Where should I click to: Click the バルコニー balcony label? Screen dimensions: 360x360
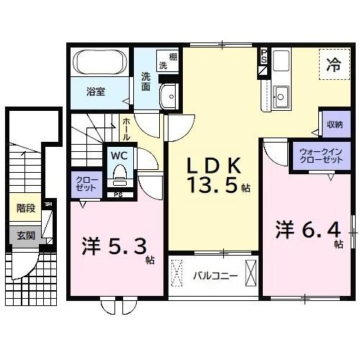point(215,274)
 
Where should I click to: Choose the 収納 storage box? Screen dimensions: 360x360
point(334,124)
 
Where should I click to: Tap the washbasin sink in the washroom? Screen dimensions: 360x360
point(171,96)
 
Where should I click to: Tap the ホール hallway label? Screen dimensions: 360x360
point(126,128)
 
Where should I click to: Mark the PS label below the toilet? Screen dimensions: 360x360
point(118,194)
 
